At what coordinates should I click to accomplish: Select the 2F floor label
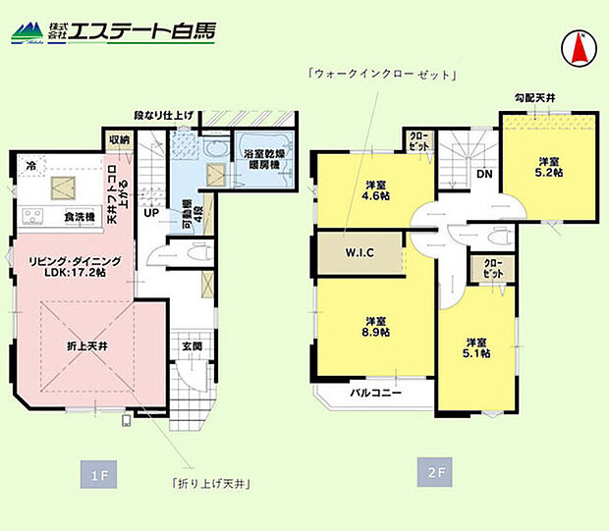click(x=436, y=473)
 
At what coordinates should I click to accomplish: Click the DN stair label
click(x=484, y=174)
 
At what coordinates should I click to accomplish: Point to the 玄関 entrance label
click(x=192, y=346)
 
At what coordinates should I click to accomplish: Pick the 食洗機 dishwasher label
click(x=79, y=216)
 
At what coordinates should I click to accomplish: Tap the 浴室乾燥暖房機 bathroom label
click(x=258, y=160)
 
